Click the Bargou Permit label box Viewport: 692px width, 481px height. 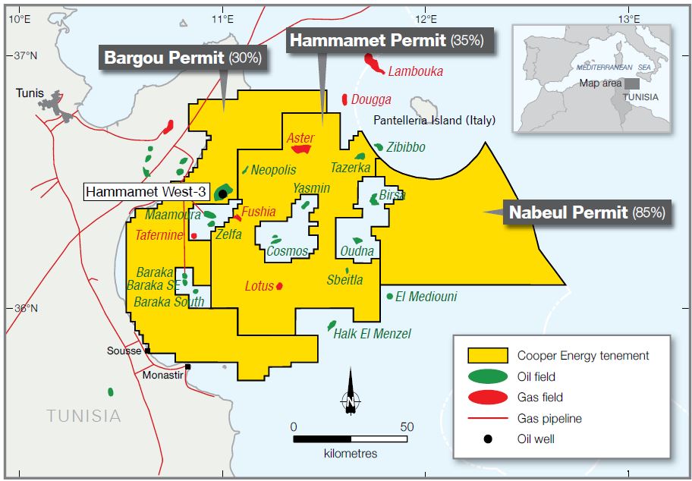[x=183, y=58]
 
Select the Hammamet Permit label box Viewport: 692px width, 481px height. [x=388, y=41]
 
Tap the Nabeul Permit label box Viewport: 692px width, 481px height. [x=587, y=213]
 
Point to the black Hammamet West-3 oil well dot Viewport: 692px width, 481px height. [x=222, y=193]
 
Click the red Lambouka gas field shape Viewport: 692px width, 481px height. [x=373, y=61]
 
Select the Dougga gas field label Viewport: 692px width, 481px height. [x=371, y=99]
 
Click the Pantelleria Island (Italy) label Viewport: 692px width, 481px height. [x=434, y=120]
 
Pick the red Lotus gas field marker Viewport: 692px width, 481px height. [x=280, y=286]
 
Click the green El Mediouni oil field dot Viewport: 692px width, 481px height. [x=389, y=297]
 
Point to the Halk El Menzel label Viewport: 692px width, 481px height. [x=373, y=334]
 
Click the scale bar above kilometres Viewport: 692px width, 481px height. [x=350, y=439]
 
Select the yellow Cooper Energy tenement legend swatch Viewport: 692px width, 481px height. [x=488, y=356]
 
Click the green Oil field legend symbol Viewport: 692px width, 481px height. [x=488, y=376]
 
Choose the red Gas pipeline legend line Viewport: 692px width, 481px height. [x=488, y=418]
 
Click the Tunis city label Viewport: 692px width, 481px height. [x=30, y=93]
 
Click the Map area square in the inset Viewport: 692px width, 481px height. [x=631, y=83]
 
